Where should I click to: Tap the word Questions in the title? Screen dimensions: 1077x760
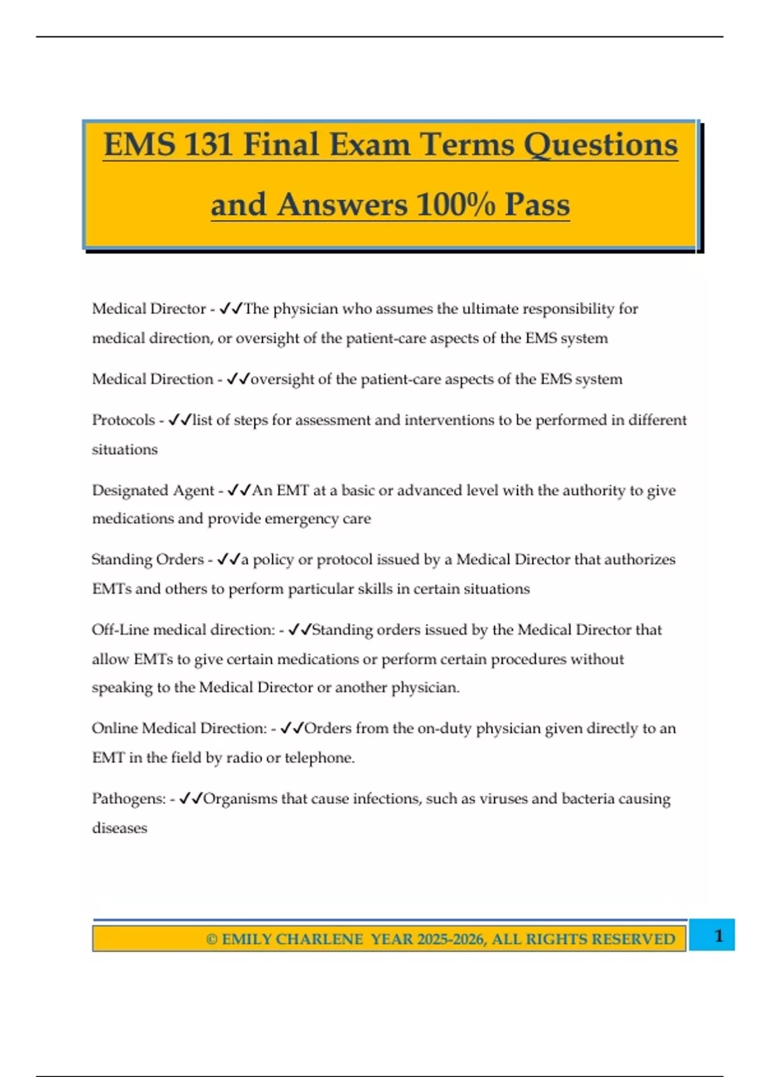600,144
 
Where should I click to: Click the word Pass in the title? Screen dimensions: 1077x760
537,205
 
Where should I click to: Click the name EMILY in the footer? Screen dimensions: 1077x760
246,939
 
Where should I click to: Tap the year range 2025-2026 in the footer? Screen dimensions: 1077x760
451,939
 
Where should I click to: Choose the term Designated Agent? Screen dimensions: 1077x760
153,490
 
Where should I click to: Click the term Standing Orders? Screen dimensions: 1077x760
148,559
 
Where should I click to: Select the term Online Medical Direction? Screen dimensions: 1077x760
179,729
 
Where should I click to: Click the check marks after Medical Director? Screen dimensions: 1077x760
231,309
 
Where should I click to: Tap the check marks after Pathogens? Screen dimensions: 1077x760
191,799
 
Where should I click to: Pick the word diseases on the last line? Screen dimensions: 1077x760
120,828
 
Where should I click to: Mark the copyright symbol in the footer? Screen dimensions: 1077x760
212,939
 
